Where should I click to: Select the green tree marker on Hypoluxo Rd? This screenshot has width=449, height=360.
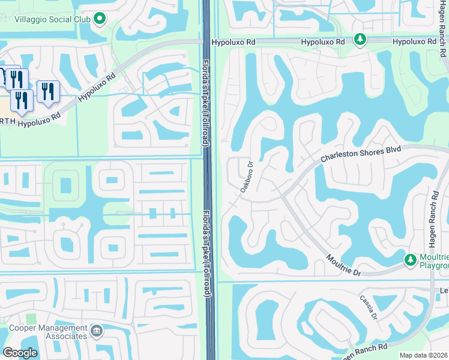coord(360,40)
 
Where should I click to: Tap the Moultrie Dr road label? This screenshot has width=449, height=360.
coord(343,265)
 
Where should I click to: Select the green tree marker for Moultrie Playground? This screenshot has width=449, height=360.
coord(410,260)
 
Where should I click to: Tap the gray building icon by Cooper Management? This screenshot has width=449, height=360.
coord(96,331)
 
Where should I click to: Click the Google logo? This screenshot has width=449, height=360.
coord(20,353)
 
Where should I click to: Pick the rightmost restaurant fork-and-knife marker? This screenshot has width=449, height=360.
coord(47,91)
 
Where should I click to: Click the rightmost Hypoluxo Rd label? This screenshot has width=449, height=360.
coord(415,42)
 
